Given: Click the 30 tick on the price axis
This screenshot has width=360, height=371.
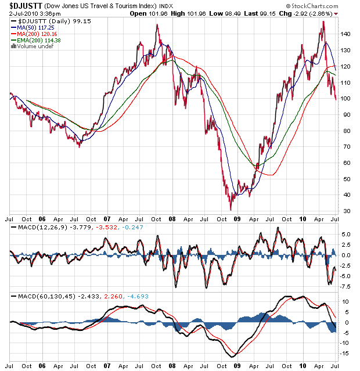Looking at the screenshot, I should pos(346,211).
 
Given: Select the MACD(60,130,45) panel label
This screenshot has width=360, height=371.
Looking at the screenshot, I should pos(39,296).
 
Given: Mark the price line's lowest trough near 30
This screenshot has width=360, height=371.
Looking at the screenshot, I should pos(231,209).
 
